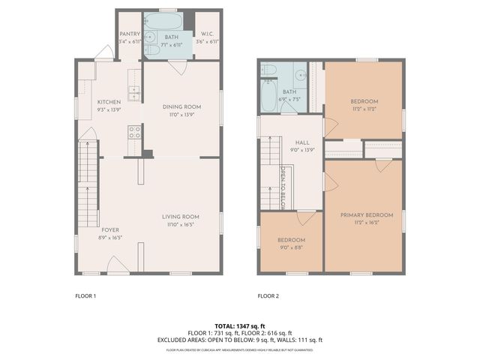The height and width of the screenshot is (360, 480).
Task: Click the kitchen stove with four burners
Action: pyautogui.click(x=135, y=132)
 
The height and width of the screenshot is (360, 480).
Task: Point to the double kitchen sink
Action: pyautogui.click(x=135, y=93)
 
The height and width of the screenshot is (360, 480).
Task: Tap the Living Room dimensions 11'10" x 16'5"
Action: pyautogui.click(x=180, y=224)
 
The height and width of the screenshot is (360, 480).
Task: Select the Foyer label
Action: pyautogui.click(x=109, y=230)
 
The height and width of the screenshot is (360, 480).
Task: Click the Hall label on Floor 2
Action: pyautogui.click(x=301, y=142)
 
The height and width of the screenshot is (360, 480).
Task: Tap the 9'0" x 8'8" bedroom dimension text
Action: pyautogui.click(x=292, y=248)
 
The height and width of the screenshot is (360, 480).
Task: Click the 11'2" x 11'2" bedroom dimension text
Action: pyautogui.click(x=364, y=109)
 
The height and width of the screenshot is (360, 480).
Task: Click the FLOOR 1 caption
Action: pyautogui.click(x=85, y=295)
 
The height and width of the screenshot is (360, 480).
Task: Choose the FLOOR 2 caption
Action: pyautogui.click(x=268, y=295)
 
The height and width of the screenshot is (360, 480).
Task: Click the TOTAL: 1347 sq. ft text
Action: pyautogui.click(x=239, y=326)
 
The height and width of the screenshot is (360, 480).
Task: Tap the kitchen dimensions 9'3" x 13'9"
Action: pyautogui.click(x=109, y=110)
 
